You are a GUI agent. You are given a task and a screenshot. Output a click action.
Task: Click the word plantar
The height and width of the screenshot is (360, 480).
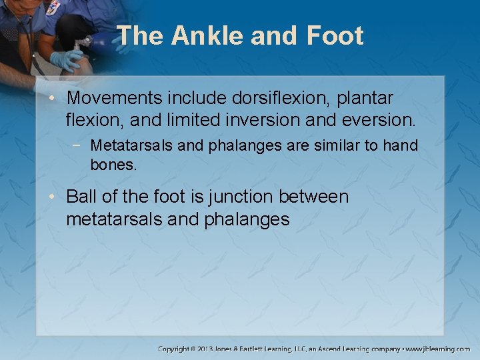pyautogui.click(x=365, y=98)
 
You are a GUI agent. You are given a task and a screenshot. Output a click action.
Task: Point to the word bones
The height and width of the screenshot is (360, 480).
pyautogui.click(x=113, y=164)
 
